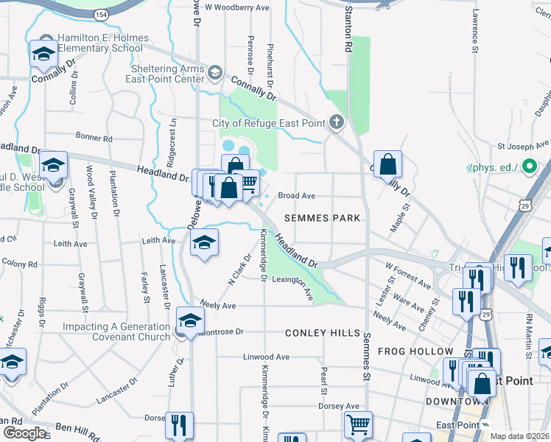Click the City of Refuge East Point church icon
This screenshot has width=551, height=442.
pyautogui.click(x=337, y=122)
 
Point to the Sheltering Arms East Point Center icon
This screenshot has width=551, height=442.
pyautogui.click(x=215, y=73)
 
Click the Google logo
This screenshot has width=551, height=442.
pyautogui.click(x=24, y=432)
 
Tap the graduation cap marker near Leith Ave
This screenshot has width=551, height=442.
pyautogui.click(x=204, y=242)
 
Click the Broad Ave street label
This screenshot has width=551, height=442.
pyautogui.click(x=297, y=196)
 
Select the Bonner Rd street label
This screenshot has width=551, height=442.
pyautogui.click(x=94, y=138)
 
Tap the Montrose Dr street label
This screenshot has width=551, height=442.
pyautogui.click(x=220, y=332)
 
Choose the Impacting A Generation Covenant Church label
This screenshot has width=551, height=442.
pyautogui.click(x=116, y=331)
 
